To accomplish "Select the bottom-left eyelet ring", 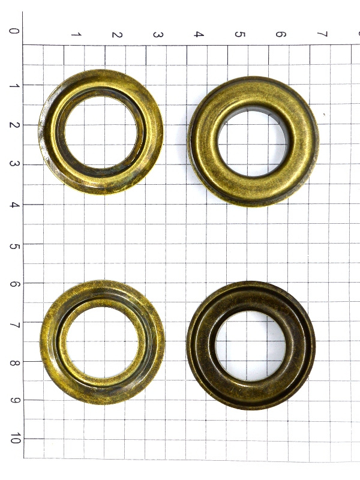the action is click(50, 343).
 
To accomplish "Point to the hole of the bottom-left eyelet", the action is click(102, 342).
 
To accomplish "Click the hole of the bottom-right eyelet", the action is click(251, 346).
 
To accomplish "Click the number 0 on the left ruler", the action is click(14, 31).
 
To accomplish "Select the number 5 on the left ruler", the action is click(14, 247).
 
